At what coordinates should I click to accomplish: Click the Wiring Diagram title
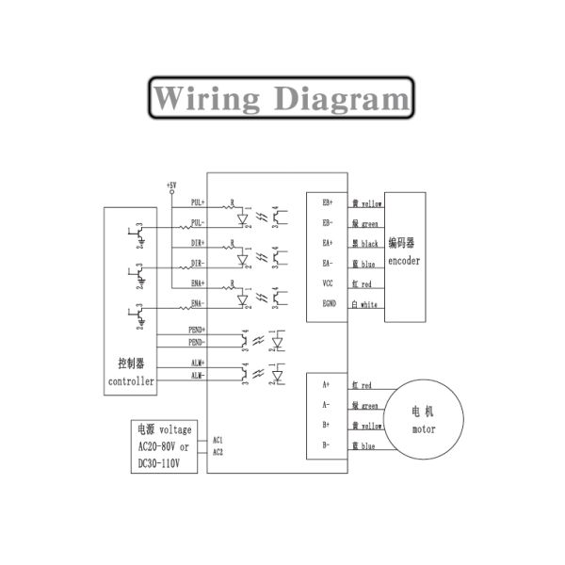coord(282,98)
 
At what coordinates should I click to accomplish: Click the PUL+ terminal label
coord(198,202)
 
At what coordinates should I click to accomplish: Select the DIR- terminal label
coord(198,262)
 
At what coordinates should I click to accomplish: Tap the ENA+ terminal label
coord(198,282)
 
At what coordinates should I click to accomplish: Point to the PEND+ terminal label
coord(197,330)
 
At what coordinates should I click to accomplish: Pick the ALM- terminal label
coord(198,376)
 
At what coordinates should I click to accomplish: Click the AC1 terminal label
coord(218,440)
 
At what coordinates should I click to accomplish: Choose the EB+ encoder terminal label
coord(328,202)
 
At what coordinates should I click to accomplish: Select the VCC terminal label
coord(328,282)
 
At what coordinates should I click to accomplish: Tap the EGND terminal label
coord(329,303)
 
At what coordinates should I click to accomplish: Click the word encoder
coord(404,261)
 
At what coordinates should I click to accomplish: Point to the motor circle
coord(425,418)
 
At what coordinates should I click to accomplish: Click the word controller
coord(130,381)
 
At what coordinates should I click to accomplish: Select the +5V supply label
coord(170,184)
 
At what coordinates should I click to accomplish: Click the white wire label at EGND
coord(364,304)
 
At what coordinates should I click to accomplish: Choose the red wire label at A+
coord(363,385)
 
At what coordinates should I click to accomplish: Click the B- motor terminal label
coord(326,444)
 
